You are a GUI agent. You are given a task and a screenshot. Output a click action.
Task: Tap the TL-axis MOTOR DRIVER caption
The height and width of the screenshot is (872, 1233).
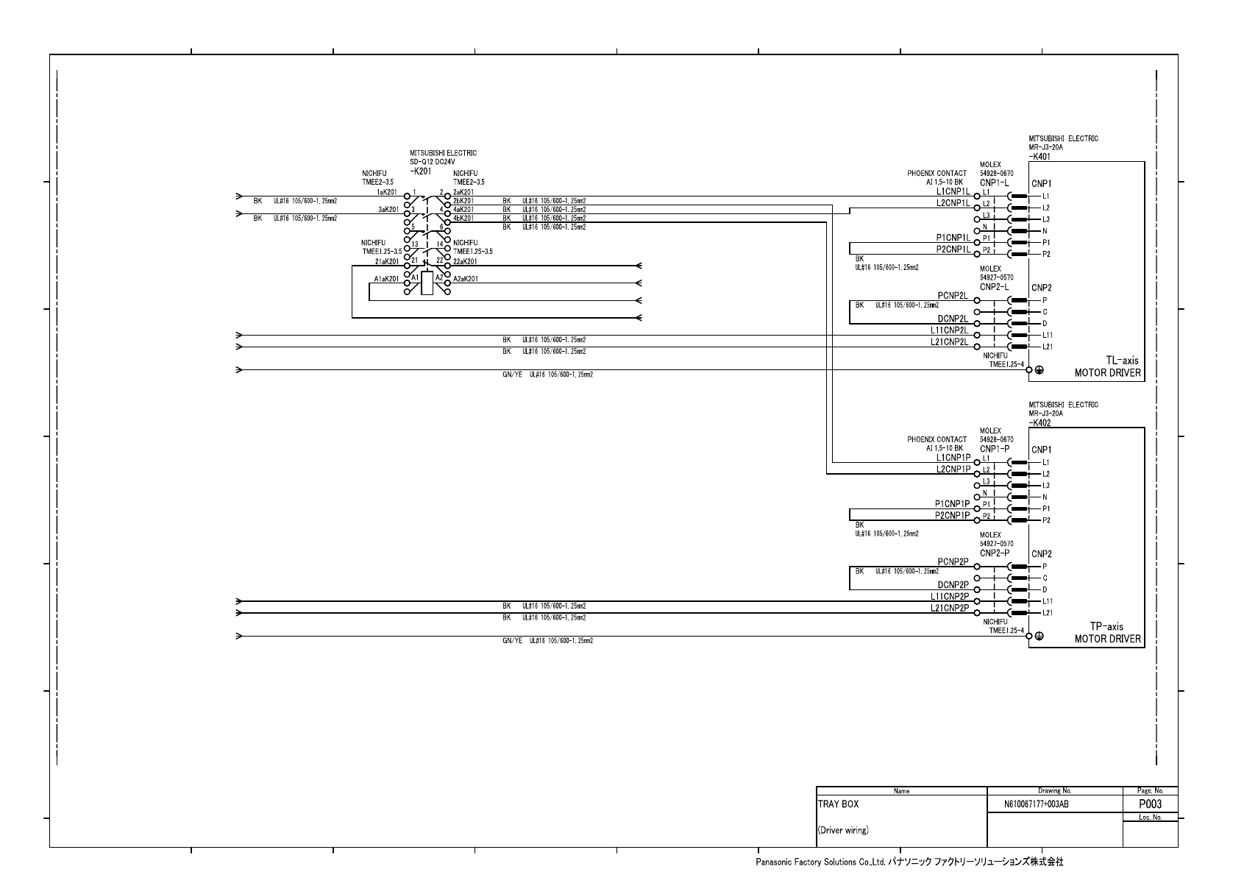1108,366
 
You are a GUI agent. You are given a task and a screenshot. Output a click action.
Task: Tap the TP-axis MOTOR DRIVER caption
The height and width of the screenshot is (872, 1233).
1108,633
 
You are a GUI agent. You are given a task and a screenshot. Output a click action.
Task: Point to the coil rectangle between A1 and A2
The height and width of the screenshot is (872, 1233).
427,283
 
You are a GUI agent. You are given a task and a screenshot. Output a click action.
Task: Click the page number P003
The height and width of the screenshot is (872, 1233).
1150,804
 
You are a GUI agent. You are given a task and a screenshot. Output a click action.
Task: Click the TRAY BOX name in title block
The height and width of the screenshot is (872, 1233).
838,804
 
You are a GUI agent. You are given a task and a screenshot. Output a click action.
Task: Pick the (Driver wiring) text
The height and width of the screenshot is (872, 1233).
843,831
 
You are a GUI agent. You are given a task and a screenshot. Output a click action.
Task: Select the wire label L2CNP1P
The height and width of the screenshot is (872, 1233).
953,469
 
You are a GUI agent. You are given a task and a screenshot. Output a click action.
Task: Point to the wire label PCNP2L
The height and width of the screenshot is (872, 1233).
953,295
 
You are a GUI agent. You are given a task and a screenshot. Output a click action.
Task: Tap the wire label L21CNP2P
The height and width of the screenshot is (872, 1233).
950,608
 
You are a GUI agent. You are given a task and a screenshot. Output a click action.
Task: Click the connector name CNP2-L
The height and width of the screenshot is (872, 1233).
994,286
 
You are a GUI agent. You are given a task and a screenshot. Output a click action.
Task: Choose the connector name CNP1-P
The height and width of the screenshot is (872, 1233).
994,448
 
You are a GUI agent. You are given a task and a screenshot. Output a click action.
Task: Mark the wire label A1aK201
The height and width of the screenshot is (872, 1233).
386,279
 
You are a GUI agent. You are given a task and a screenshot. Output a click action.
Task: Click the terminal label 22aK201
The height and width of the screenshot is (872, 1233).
465,261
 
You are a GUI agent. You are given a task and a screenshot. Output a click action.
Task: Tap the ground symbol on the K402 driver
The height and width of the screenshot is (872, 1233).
1039,637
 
